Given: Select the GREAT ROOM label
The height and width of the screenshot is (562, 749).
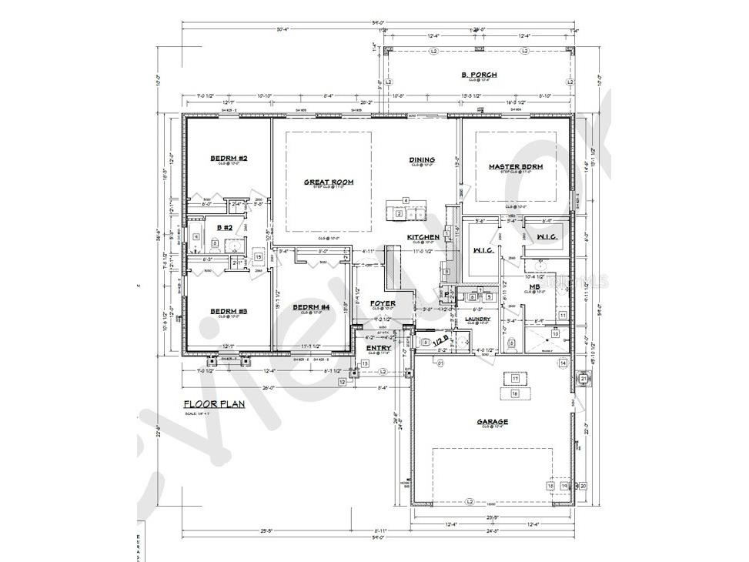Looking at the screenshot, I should [x=328, y=182].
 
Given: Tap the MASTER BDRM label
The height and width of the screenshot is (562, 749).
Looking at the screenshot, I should [x=516, y=166].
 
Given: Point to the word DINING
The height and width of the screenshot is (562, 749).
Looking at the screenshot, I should [x=422, y=159].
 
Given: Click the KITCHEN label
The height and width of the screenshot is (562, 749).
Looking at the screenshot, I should [x=423, y=236].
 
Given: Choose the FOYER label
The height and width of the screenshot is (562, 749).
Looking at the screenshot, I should [x=383, y=303].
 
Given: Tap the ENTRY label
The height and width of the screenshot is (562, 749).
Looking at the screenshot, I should [x=379, y=348].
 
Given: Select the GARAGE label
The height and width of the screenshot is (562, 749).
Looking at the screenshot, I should [x=492, y=421].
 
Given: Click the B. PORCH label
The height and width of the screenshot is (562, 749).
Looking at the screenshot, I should [x=479, y=75].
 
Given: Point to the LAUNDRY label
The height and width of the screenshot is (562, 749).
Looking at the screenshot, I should [x=478, y=318].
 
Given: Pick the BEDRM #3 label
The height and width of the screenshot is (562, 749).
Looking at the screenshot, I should [x=229, y=311].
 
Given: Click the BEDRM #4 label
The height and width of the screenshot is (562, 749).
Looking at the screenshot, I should [x=311, y=307].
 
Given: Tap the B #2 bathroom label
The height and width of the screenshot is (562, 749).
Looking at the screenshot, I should [x=225, y=227].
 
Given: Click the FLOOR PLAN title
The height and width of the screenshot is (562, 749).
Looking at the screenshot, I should [x=214, y=403].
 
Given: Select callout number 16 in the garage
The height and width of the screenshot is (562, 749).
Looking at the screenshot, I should [x=514, y=393].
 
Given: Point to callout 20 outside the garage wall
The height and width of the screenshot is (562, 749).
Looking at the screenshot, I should [x=583, y=486].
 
